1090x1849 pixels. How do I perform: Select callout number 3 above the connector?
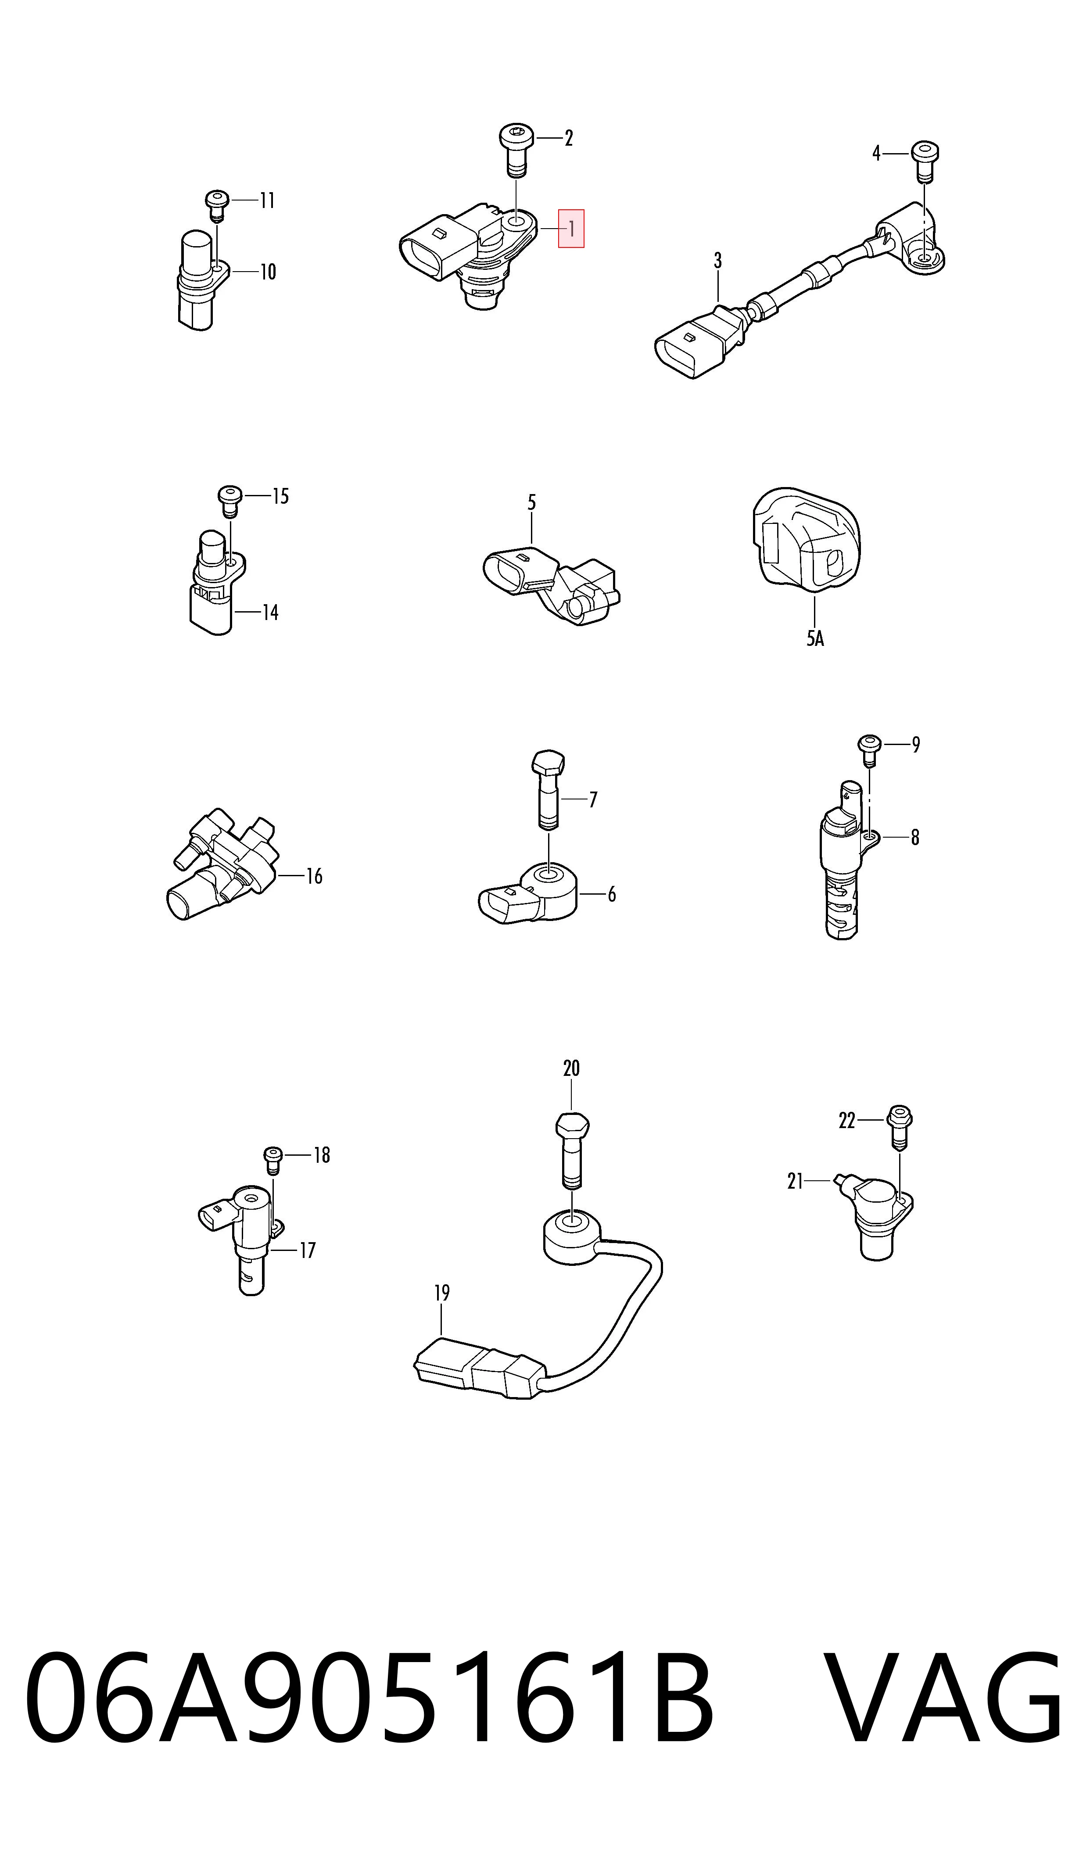[x=717, y=261]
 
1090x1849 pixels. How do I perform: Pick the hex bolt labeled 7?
[x=547, y=790]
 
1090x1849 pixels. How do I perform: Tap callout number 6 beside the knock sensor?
[x=611, y=894]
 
